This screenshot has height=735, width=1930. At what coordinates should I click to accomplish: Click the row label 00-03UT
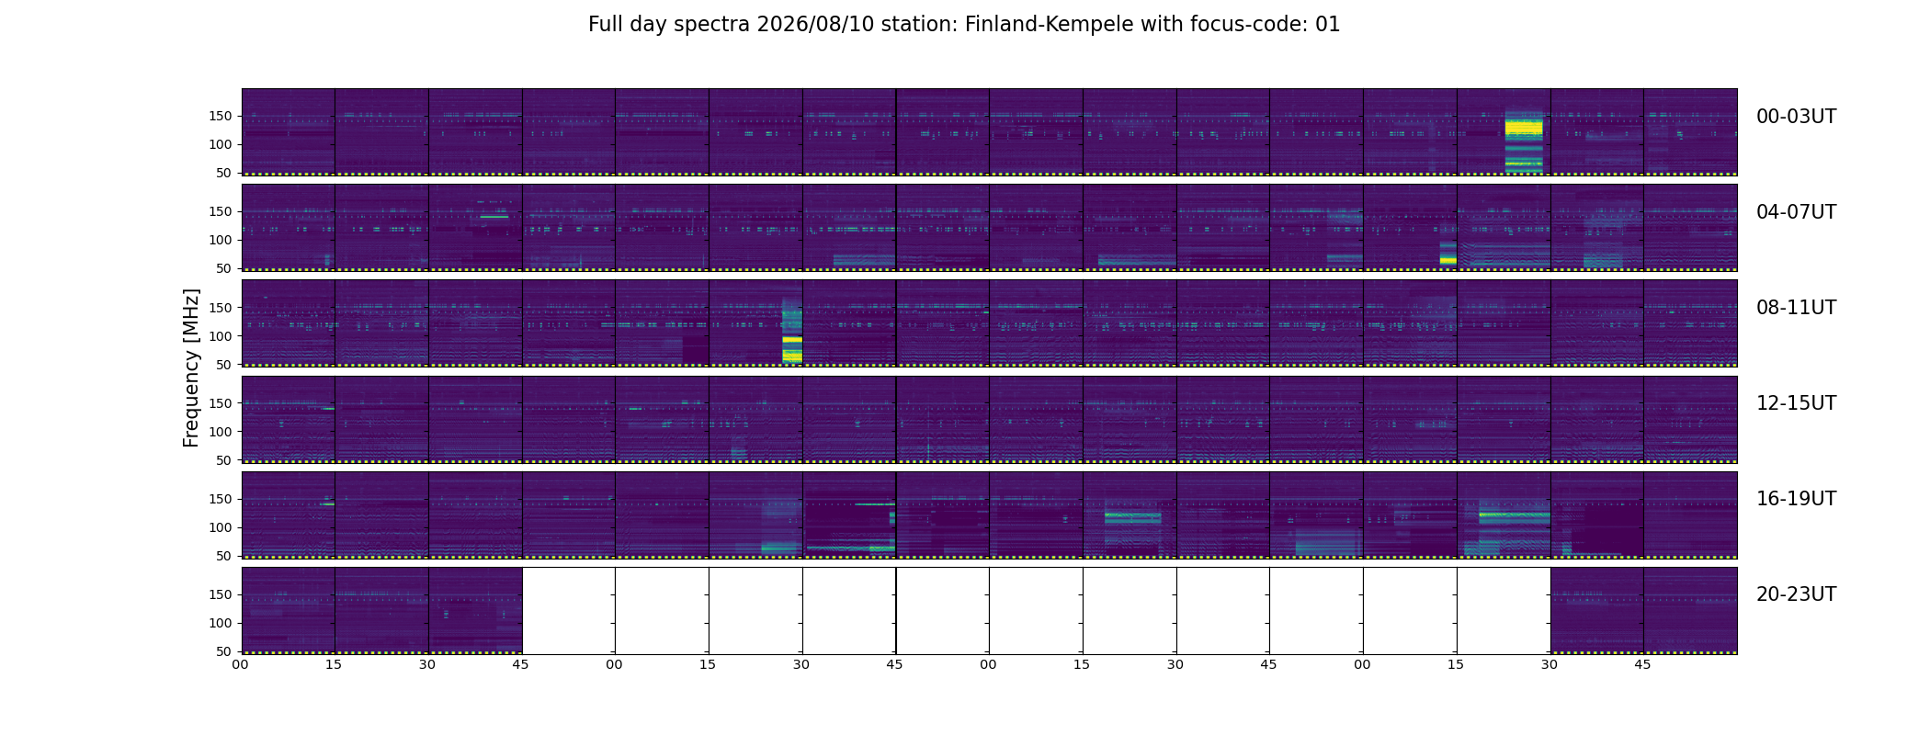(1796, 117)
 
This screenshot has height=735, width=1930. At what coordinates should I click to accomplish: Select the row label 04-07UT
(1796, 212)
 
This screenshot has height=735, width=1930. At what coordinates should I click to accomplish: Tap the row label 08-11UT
(1796, 308)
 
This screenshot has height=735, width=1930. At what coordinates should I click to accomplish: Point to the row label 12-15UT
(1796, 403)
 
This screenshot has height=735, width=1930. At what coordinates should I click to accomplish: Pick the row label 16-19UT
(1796, 499)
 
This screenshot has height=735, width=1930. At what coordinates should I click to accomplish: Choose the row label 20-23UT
(1796, 594)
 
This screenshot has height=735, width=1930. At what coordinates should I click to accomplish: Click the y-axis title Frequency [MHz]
(191, 367)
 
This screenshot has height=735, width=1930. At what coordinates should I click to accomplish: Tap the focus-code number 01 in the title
(1328, 25)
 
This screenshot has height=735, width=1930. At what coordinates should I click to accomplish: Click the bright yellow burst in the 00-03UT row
(1524, 141)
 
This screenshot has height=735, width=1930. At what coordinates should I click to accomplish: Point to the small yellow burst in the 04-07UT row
(1447, 254)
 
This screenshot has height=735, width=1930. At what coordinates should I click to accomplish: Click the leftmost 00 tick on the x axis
(241, 664)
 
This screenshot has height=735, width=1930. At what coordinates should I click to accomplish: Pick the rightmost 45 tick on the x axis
(1643, 664)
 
